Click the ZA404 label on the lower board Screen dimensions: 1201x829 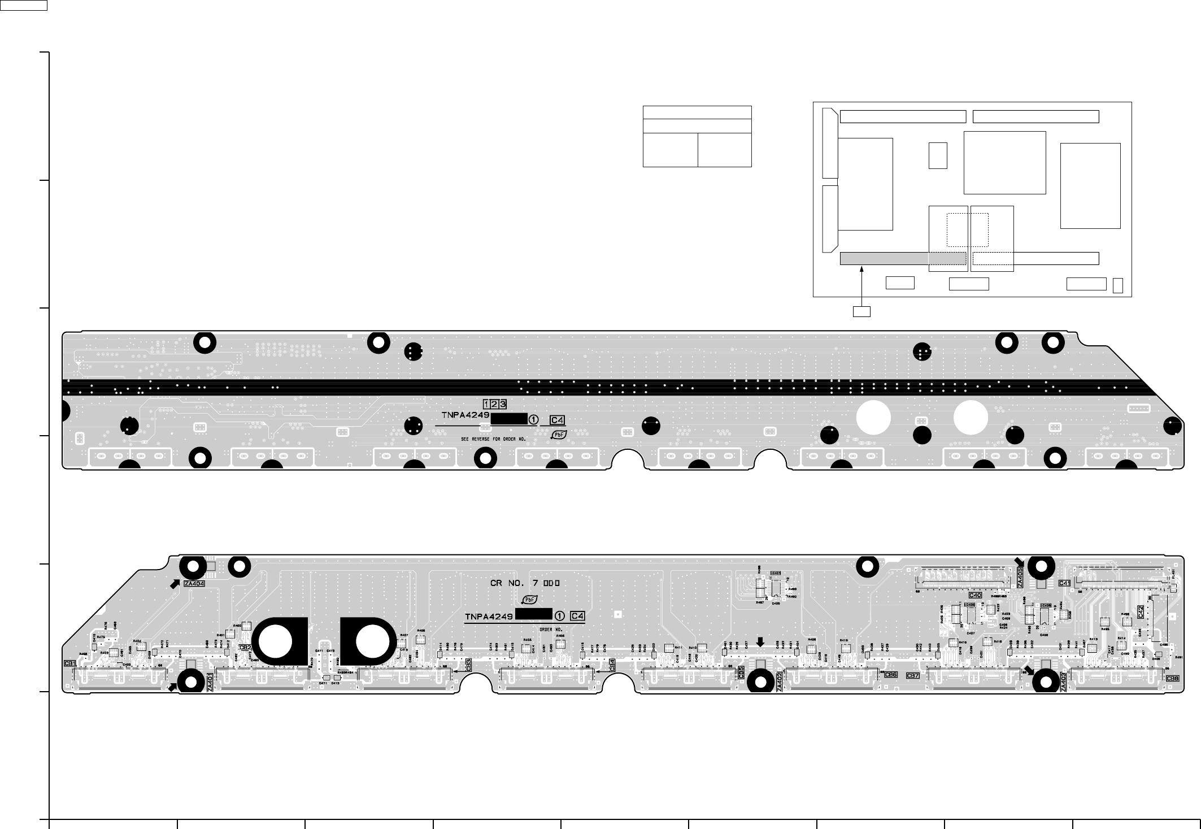(194, 583)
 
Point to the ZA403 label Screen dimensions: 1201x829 (1064, 682)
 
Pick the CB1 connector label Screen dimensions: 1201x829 (70, 663)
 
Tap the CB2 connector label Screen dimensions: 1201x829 (245, 648)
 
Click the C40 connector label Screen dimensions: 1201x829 (975, 595)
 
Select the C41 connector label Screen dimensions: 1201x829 (1064, 583)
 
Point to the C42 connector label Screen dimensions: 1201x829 (1141, 612)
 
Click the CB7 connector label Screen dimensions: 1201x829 (913, 675)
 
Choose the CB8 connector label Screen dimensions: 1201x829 (1172, 678)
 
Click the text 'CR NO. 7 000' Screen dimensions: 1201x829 (525, 583)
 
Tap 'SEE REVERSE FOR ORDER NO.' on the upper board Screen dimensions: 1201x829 (493, 439)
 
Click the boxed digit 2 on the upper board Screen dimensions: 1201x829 (494, 404)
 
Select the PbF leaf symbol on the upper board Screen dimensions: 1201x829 (559, 435)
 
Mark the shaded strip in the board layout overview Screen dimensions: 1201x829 (902, 258)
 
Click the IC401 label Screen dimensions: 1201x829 (776, 573)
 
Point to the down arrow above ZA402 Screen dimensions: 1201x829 (760, 641)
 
